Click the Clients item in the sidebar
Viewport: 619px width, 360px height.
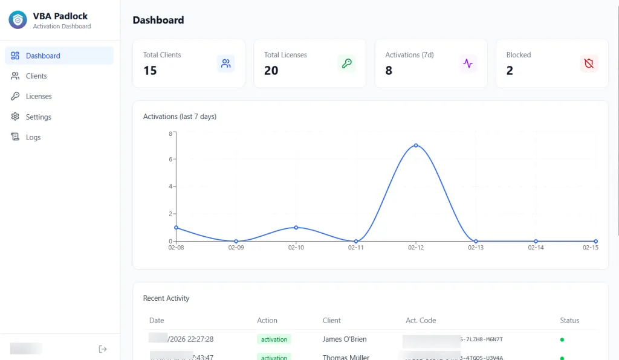click(x=36, y=76)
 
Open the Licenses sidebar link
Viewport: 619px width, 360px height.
click(x=39, y=97)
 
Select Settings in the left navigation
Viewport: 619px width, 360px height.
click(x=38, y=117)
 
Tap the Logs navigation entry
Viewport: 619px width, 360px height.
click(x=33, y=137)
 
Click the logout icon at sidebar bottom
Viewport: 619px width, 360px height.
click(x=103, y=349)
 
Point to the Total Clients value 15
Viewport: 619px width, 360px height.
click(x=150, y=71)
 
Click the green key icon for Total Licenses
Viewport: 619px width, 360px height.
click(x=346, y=63)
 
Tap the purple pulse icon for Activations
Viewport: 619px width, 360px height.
click(x=467, y=63)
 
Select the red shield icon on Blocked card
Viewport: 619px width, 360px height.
click(x=589, y=63)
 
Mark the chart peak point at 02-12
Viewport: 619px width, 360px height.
click(x=416, y=146)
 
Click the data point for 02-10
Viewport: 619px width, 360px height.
click(x=296, y=228)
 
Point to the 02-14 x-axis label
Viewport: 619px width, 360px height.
click(x=536, y=248)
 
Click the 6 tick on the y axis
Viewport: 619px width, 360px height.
click(x=170, y=159)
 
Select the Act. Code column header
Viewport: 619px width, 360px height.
click(x=421, y=321)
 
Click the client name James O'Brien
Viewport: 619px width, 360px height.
click(x=345, y=339)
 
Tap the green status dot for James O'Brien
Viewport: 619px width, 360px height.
click(x=562, y=339)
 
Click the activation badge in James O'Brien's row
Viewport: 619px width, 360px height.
click(x=274, y=339)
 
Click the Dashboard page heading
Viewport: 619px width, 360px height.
click(x=158, y=20)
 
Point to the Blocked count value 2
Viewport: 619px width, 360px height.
click(x=510, y=71)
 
